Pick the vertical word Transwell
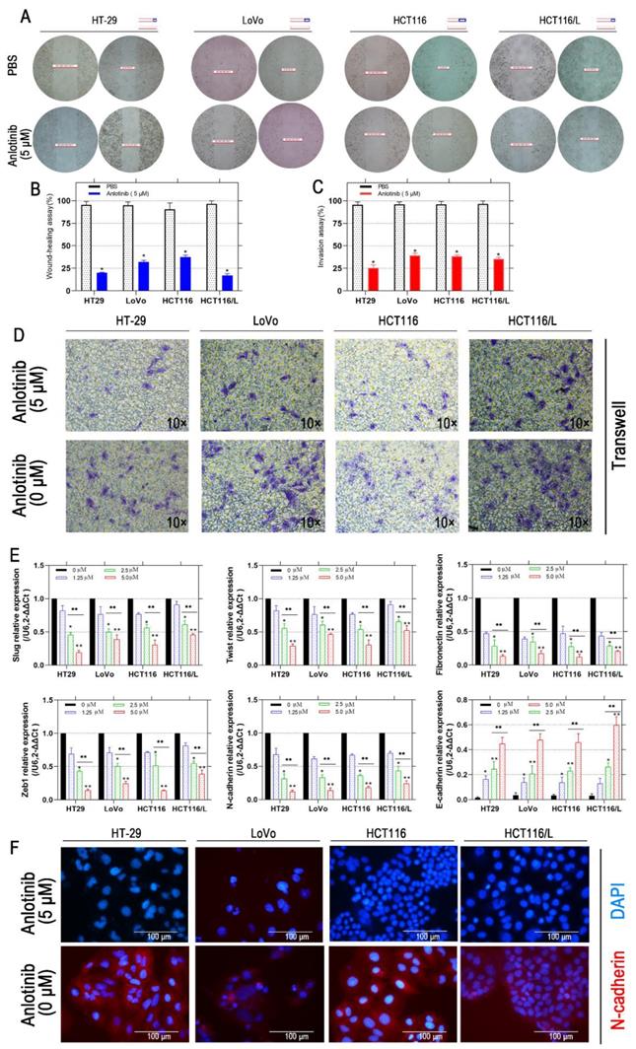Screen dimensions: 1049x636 [619, 435]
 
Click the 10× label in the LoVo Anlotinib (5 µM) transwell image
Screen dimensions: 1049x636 [311, 423]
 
